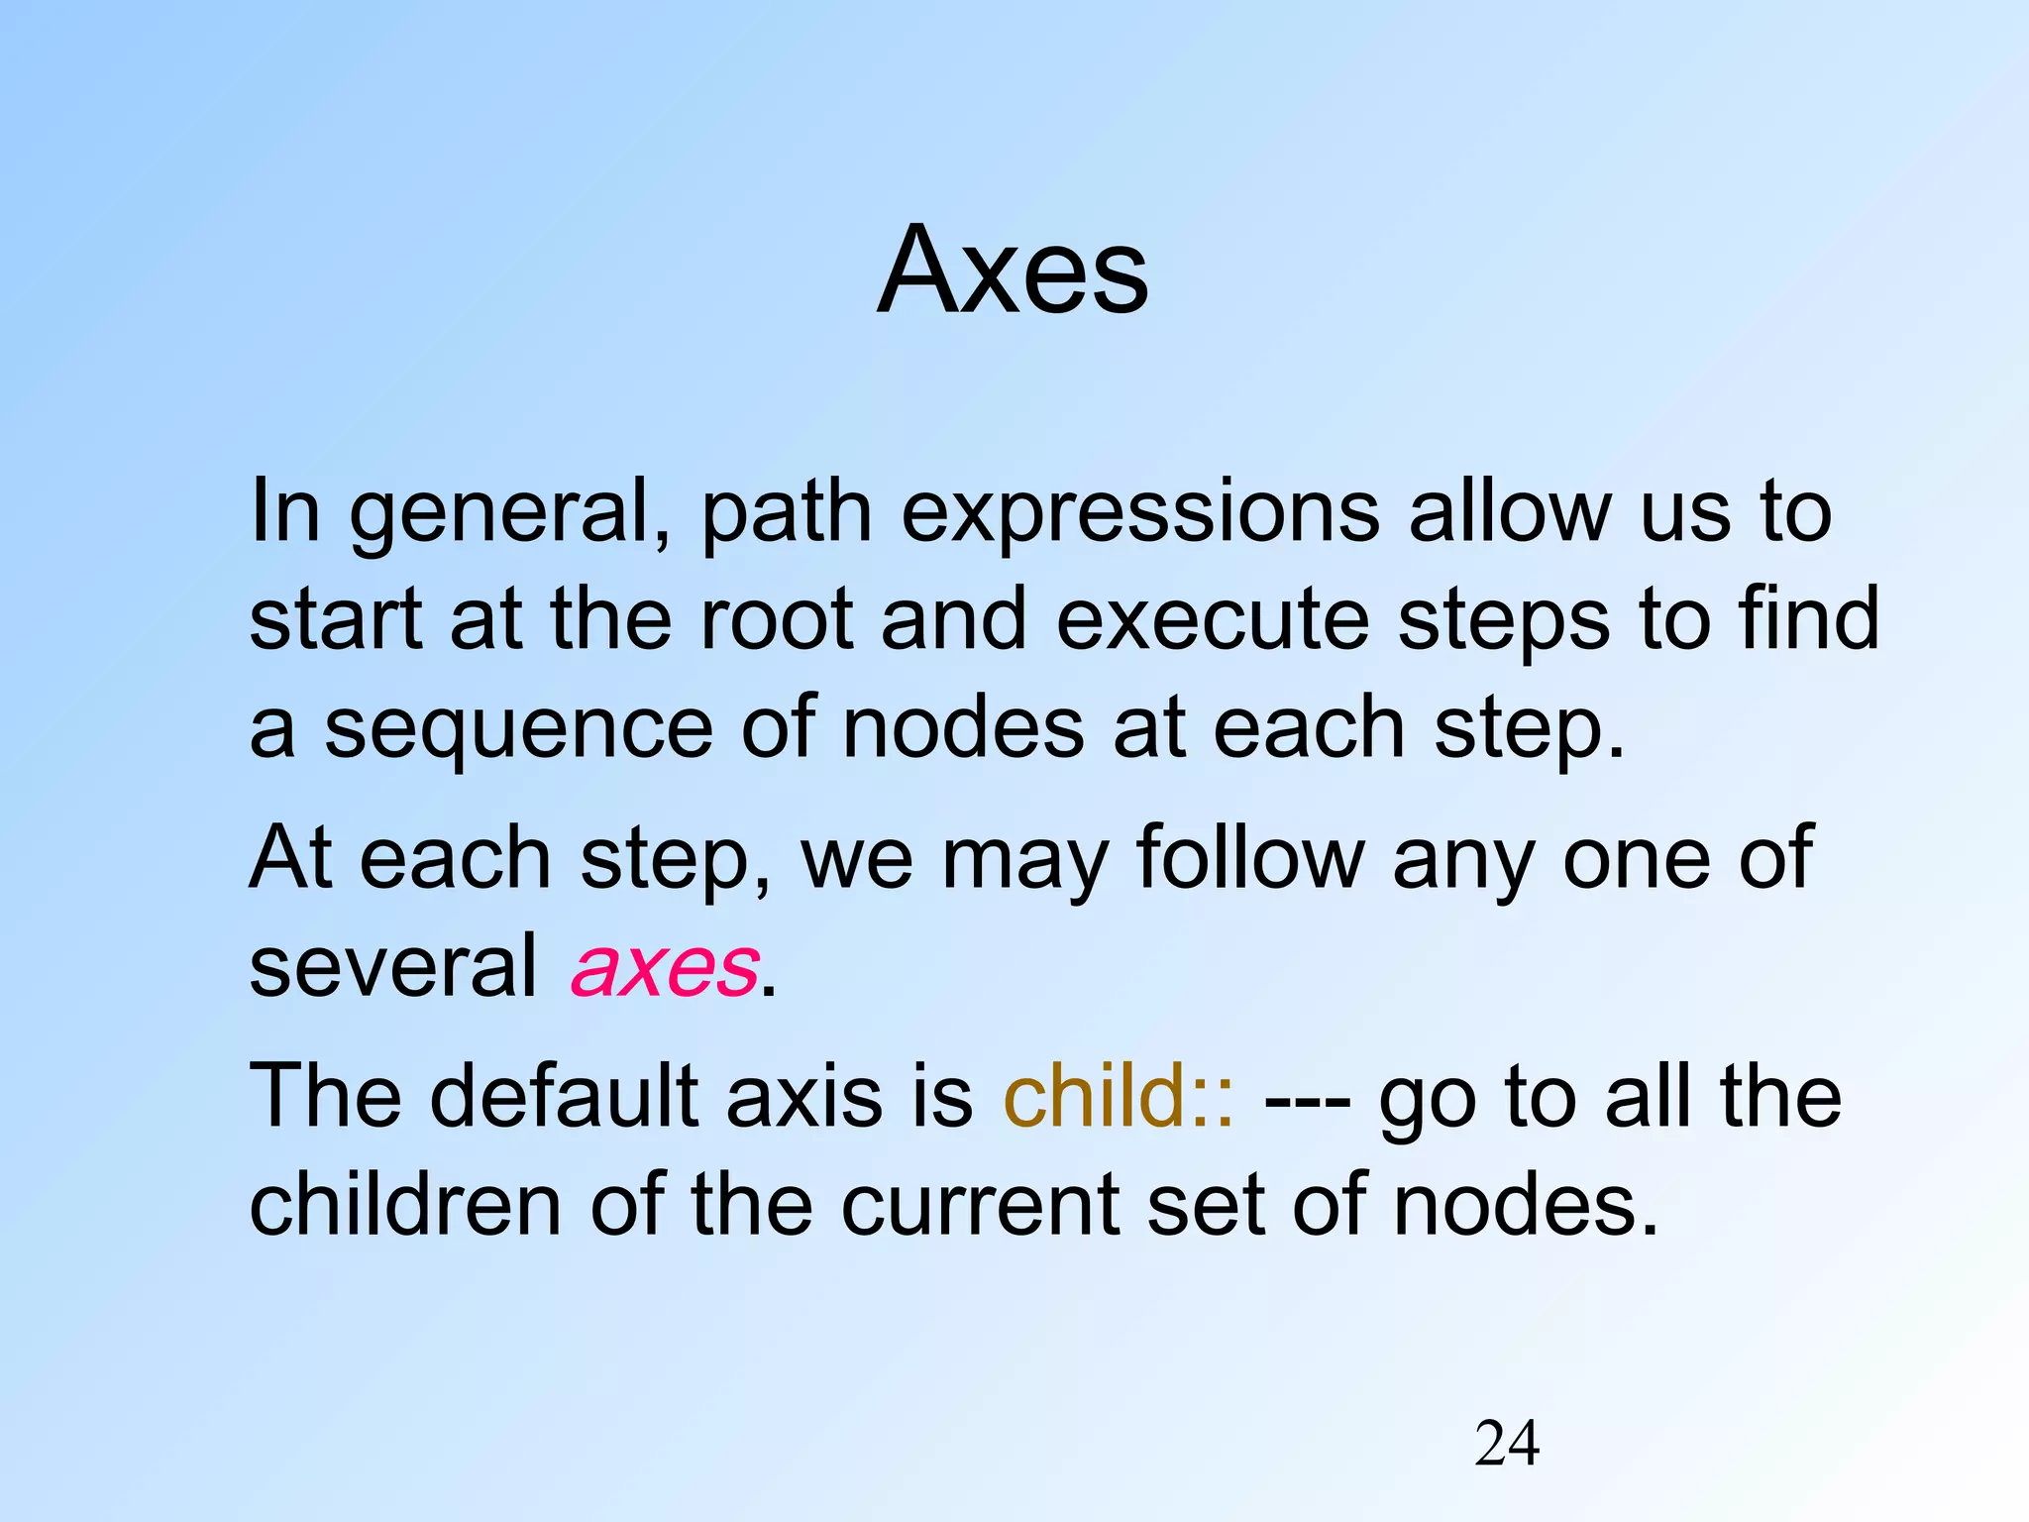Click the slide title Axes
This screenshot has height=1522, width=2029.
click(x=1013, y=271)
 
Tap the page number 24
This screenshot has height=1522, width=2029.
click(x=1507, y=1443)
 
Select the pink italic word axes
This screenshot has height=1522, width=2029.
click(x=665, y=967)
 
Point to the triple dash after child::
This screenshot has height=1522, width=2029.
click(x=1307, y=1100)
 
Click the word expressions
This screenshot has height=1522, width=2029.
click(x=1139, y=512)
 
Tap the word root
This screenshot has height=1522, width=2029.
click(x=776, y=618)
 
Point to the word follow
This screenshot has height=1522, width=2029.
click(x=1250, y=858)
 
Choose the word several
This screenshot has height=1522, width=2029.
click(x=392, y=967)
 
